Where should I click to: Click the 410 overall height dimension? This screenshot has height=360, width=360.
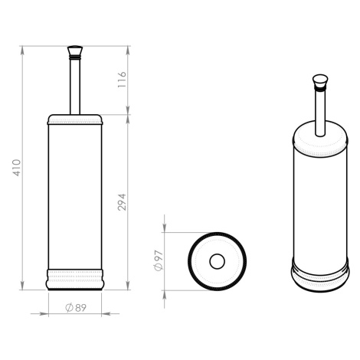17,168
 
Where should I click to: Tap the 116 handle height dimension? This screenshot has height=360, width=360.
122,80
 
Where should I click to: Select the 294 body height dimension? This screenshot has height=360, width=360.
122,202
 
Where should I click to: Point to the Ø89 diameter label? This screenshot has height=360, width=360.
76,308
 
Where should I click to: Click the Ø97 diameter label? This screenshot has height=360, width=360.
159,260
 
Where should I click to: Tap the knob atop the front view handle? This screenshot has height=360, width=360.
75,52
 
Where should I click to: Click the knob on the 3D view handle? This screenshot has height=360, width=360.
320,83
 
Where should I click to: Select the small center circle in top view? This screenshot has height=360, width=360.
217,261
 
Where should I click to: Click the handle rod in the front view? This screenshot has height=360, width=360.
75,87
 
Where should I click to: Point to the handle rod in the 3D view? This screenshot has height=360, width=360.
320,113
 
